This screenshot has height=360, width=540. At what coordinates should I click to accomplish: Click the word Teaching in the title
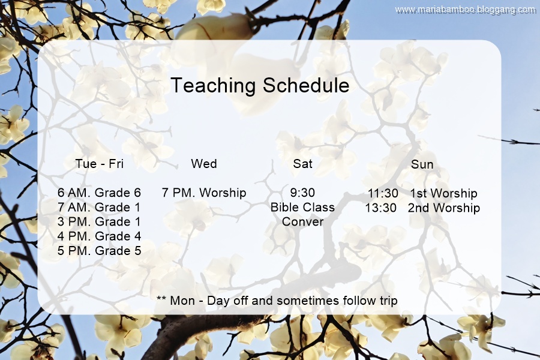coord(213,86)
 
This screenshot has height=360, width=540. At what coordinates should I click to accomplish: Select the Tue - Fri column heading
coord(99,164)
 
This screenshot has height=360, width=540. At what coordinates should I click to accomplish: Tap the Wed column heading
coord(204,164)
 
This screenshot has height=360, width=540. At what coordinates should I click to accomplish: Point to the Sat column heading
coord(303,164)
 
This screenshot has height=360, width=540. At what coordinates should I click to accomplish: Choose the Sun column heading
coord(422,164)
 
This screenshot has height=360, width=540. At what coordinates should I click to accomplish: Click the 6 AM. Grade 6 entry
coord(99,193)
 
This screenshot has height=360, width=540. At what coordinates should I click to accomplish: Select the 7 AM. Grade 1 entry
coord(99,207)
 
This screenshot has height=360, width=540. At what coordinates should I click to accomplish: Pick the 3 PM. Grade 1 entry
coord(99,221)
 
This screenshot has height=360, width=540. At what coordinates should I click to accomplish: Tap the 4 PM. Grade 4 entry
coord(99,236)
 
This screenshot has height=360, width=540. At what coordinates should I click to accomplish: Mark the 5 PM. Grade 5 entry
coord(99,250)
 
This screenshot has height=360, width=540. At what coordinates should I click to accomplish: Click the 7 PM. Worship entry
coord(204,193)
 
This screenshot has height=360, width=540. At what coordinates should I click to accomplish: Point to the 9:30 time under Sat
coord(302,193)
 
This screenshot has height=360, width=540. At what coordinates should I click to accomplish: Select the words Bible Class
coord(302,207)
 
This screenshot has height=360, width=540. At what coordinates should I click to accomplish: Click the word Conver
coord(302,221)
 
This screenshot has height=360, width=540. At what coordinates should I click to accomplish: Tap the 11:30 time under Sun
coord(383,193)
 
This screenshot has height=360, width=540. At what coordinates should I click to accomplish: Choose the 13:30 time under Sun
coord(380,208)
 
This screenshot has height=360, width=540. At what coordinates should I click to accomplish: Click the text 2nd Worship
coord(443,208)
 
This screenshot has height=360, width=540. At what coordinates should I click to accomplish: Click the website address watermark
coord(465,10)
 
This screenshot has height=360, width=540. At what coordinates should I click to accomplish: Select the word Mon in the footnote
coord(182,301)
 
